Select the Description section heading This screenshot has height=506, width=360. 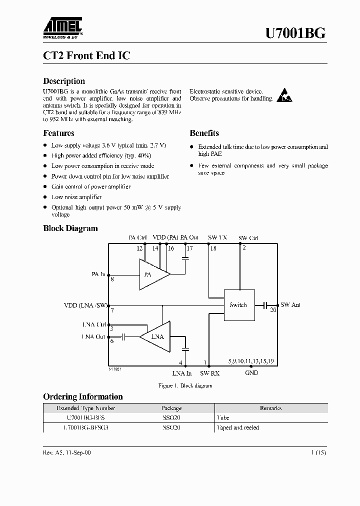click(64, 81)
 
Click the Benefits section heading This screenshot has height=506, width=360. click(204, 133)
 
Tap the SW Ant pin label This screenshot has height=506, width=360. click(290, 304)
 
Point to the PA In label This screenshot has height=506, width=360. click(98, 274)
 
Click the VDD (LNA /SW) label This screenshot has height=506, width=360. click(86, 304)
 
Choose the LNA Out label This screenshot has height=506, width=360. click(93, 336)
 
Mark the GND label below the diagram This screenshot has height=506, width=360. click(251, 373)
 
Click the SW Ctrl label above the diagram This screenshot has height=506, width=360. click(248, 237)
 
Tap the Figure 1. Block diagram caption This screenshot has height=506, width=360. click(185, 385)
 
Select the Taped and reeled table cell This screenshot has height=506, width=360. click(238, 427)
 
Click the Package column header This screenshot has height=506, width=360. click(171, 408)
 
